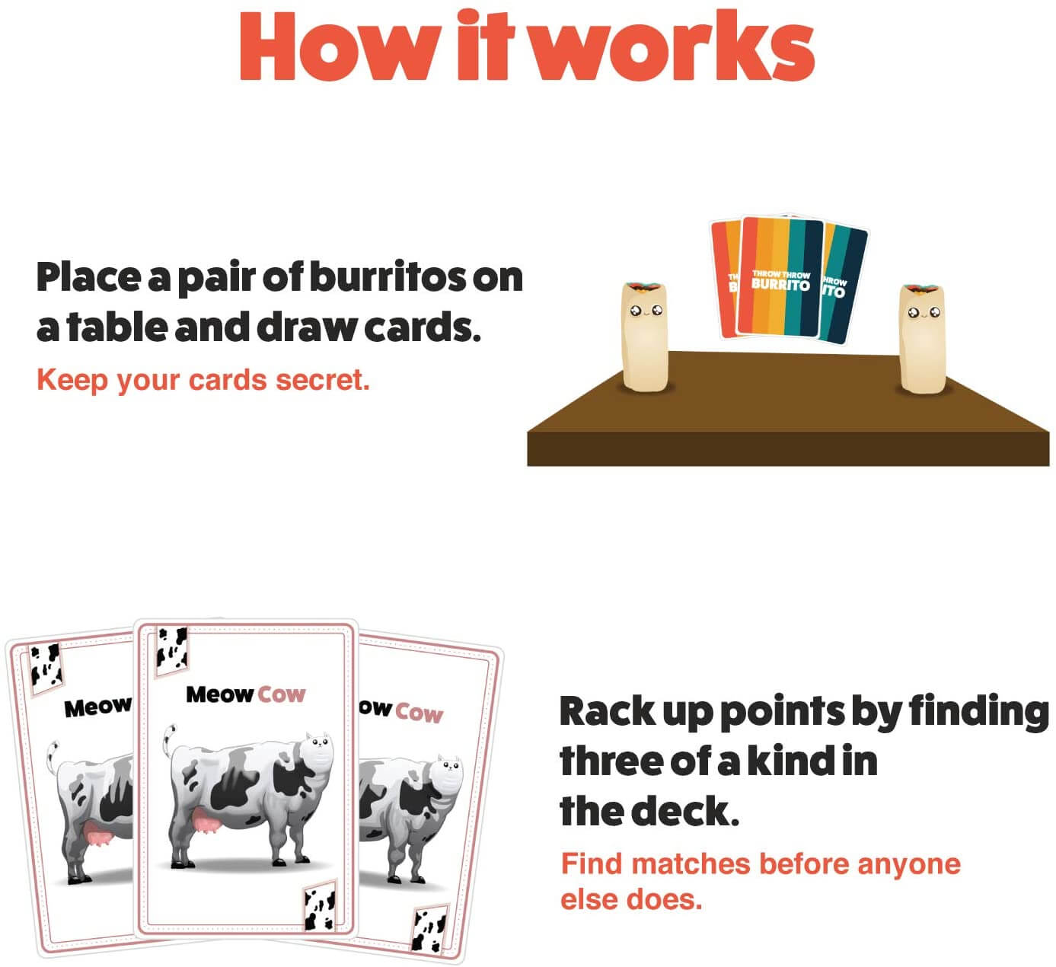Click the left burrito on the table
tap(645, 335)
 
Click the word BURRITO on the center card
tap(780, 286)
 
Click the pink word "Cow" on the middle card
tap(281, 694)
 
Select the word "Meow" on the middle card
tap(220, 694)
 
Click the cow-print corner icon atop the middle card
tap(171, 647)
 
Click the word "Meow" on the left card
tap(97, 707)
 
